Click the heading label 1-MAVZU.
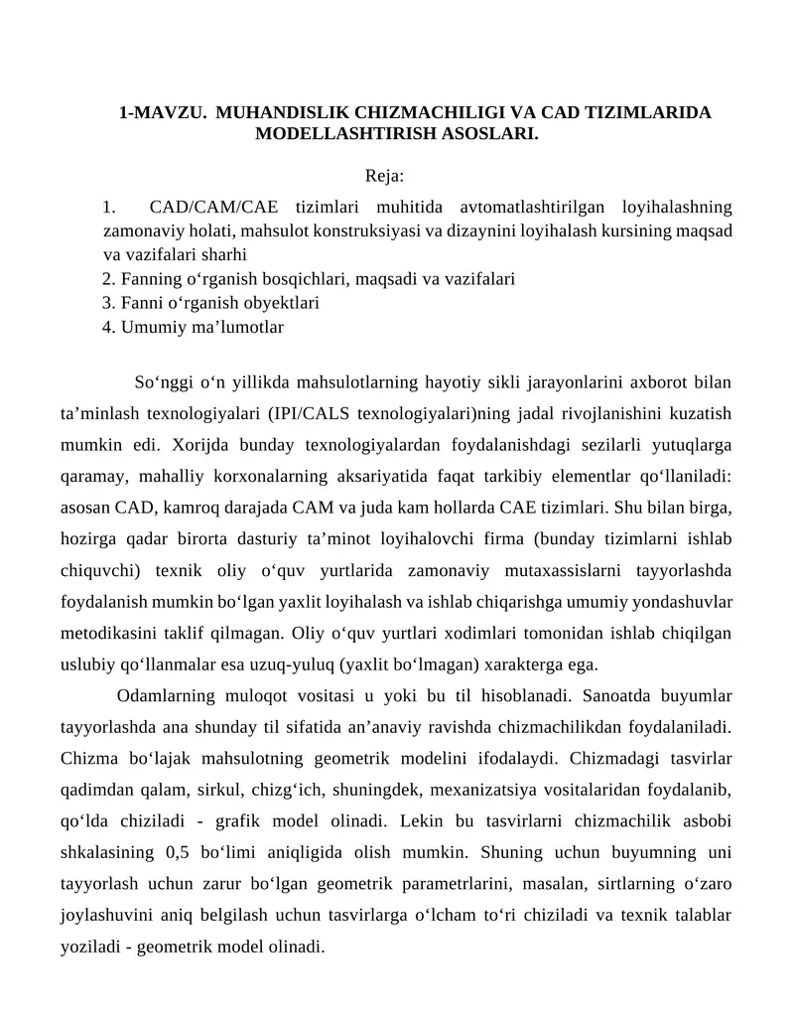point(163,112)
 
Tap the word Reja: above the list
point(384,176)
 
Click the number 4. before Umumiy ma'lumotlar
point(109,326)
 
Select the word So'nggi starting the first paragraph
point(162,381)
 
